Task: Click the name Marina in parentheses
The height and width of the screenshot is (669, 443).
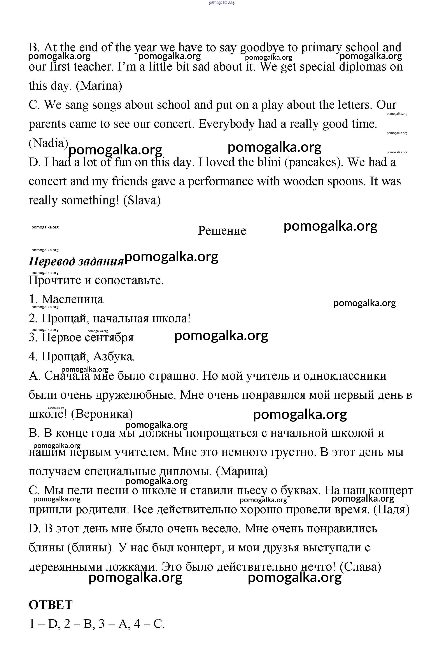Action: pyautogui.click(x=99, y=86)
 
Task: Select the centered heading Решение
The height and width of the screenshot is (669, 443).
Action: pyautogui.click(x=222, y=230)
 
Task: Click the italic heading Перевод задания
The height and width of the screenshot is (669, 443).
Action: pyautogui.click(x=76, y=261)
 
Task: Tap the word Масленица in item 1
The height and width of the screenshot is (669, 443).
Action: pyautogui.click(x=72, y=299)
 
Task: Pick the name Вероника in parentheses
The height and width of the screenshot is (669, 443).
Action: pyautogui.click(x=102, y=414)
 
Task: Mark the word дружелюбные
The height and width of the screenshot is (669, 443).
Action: pyautogui.click(x=136, y=395)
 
